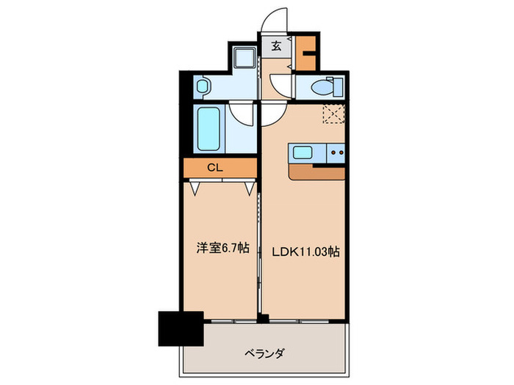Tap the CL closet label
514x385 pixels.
point(214,167)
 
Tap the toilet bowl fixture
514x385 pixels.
point(319,87)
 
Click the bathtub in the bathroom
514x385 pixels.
point(209,130)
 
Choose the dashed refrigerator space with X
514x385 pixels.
point(334,114)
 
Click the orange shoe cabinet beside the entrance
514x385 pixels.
point(305,51)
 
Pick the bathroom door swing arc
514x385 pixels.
point(241,114)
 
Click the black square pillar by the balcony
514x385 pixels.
point(180,328)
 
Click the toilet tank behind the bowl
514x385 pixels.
point(337,87)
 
